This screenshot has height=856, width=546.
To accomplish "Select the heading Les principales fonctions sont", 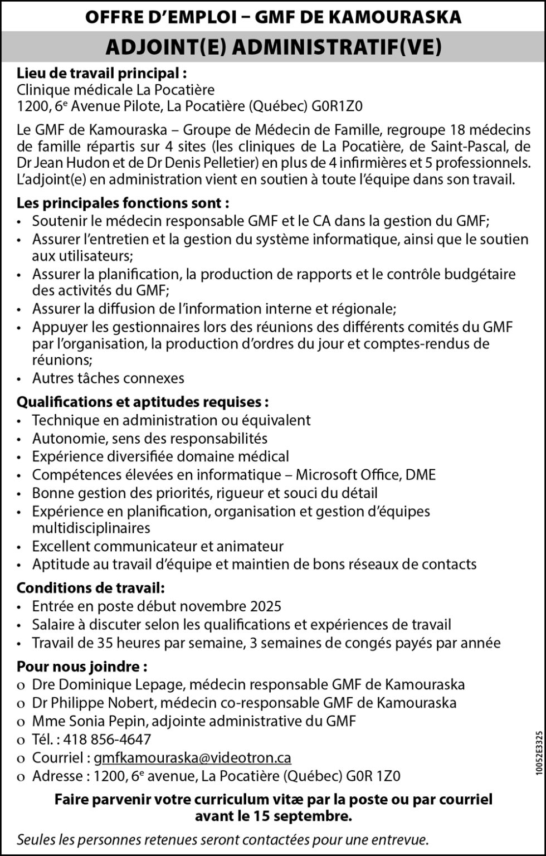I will pos(123,202).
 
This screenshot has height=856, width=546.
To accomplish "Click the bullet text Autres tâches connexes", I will pos(108,378).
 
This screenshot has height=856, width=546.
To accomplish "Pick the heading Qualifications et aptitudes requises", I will pos(143,402).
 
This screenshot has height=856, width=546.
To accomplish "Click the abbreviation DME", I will pos(421,475).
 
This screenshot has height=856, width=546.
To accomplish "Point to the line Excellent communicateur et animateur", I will pos(158,546).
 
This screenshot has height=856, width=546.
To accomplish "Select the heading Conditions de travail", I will pos(91,588).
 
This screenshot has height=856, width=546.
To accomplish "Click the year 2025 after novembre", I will pos(266,606).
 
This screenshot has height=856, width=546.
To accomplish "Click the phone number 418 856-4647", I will pos(107,740).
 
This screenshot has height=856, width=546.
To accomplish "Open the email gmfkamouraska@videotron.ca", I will pos(192,758).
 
